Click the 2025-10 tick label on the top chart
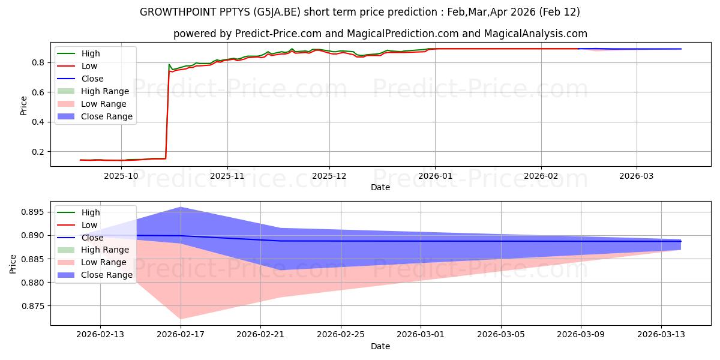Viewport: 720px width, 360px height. [x=121, y=176]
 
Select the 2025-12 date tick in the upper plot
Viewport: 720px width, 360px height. [x=329, y=176]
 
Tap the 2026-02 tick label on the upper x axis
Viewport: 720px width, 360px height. [x=541, y=176]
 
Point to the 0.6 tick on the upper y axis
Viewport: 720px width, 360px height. [x=38, y=92]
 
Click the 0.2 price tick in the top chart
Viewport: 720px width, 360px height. [x=38, y=152]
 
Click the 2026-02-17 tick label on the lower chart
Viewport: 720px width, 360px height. [x=181, y=335]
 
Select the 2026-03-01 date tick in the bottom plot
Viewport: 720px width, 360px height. [x=421, y=335]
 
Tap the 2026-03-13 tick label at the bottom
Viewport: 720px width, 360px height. [x=661, y=335]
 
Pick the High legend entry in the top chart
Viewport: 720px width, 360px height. [x=91, y=53]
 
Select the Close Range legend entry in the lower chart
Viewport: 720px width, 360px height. [x=107, y=275]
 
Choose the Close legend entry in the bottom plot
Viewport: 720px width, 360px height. [x=92, y=238]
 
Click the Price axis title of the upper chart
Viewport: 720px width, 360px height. [x=23, y=105]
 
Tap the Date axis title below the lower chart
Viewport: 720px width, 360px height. [x=380, y=346]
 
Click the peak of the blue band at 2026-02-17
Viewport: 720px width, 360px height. [x=181, y=207]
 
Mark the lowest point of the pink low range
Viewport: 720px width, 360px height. [x=181, y=319]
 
